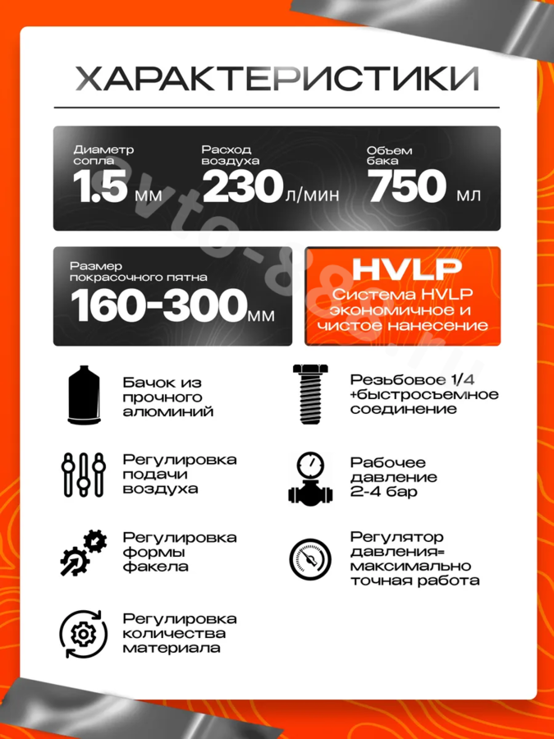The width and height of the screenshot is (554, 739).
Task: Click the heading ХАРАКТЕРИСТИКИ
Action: [277, 79]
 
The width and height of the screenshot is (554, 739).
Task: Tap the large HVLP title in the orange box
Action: [402, 270]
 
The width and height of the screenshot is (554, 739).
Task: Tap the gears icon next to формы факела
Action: [83, 552]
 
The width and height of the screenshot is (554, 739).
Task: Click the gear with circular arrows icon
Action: [83, 632]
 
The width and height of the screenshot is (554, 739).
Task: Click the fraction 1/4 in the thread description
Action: [470, 379]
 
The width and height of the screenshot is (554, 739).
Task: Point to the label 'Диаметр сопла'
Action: [103, 156]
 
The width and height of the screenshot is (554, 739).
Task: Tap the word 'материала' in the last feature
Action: [172, 649]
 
